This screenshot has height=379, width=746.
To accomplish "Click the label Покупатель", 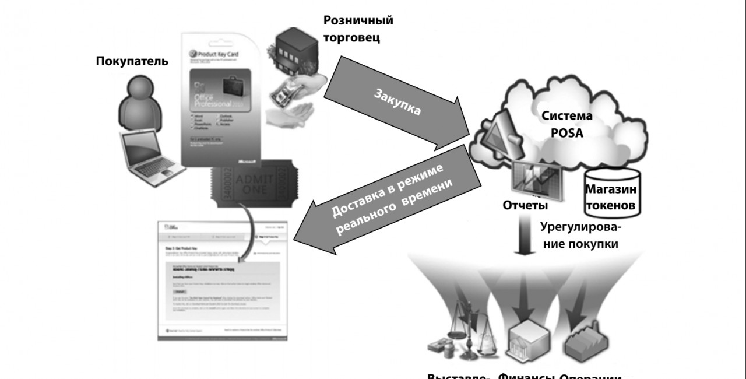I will (132, 61).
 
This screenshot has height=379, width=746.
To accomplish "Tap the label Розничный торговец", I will (358, 29).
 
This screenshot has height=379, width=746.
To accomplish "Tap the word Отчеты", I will (525, 206).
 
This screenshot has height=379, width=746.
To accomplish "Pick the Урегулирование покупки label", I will (580, 234).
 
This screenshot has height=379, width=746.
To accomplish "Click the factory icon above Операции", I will (583, 344).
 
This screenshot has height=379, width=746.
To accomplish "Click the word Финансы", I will (527, 375).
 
